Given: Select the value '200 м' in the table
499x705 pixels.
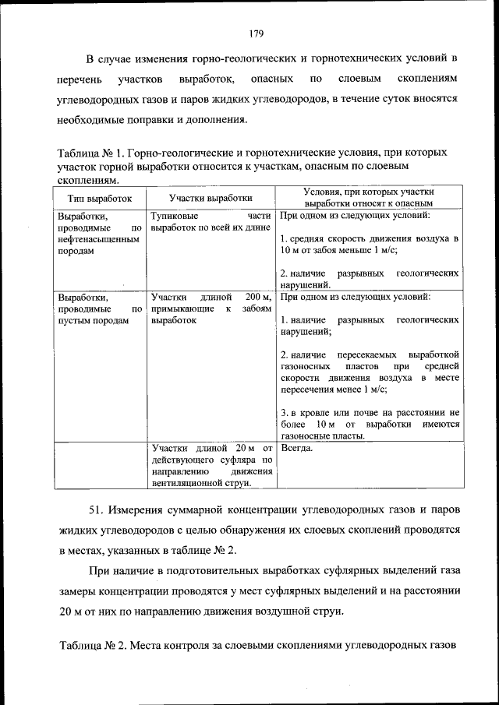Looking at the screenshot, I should (x=257, y=297).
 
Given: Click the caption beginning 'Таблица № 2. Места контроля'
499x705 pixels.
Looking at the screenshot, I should (x=257, y=646).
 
